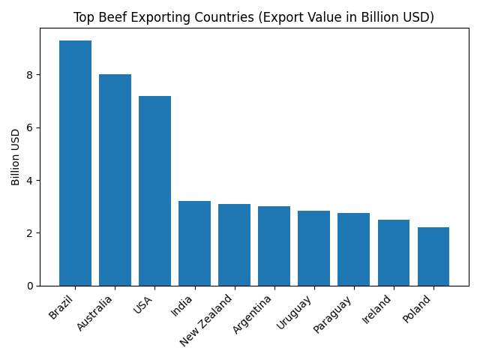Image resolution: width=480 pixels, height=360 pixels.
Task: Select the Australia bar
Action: click(x=115, y=180)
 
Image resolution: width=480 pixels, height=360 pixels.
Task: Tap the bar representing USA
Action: click(x=154, y=190)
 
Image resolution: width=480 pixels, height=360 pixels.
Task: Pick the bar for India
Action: click(x=194, y=243)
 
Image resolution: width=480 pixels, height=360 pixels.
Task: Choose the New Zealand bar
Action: click(x=234, y=244)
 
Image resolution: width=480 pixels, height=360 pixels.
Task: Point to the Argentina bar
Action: click(x=274, y=246)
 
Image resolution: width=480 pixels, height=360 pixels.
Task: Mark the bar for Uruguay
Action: click(x=313, y=248)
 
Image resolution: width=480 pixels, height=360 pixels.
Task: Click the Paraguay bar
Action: click(x=353, y=249)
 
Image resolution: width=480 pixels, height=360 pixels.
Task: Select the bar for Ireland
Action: click(x=394, y=253)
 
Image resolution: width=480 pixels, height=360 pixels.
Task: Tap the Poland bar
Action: click(x=433, y=256)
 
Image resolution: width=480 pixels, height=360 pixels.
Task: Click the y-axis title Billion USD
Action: click(x=16, y=157)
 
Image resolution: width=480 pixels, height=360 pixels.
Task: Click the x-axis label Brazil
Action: click(x=63, y=307)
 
